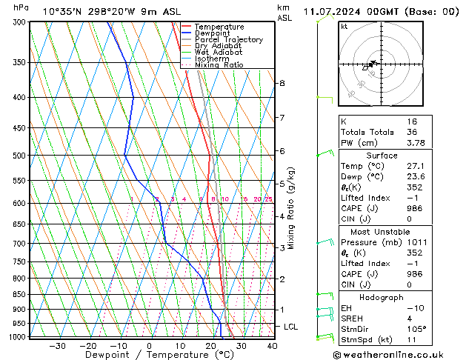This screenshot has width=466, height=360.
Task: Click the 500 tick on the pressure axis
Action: (x=19, y=156)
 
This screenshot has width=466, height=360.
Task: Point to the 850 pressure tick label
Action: (x=19, y=295)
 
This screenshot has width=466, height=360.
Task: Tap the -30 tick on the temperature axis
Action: (x=57, y=345)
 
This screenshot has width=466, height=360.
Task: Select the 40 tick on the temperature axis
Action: (x=272, y=345)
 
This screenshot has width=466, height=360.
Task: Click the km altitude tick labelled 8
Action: (x=282, y=83)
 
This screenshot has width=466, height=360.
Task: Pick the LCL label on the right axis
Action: (x=291, y=327)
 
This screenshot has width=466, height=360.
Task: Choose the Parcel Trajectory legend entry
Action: (x=228, y=40)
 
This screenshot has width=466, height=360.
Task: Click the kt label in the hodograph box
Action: (x=344, y=26)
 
